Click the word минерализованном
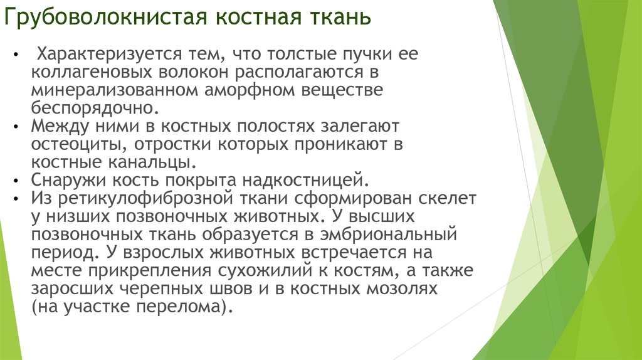tap(113, 90)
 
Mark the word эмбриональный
tap(401, 235)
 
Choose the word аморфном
tap(248, 90)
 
